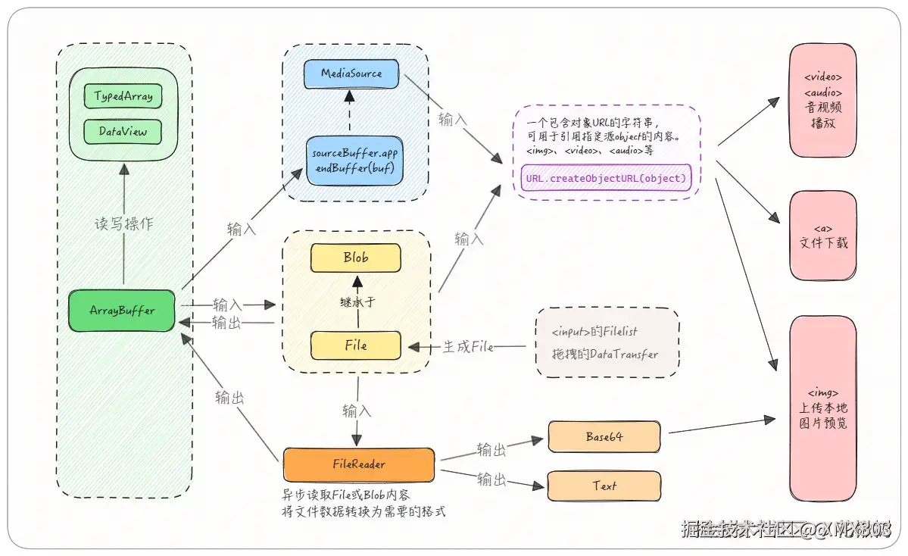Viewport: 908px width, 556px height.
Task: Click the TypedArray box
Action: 123,96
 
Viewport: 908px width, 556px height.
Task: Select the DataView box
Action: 123,131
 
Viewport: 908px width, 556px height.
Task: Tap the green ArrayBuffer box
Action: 123,311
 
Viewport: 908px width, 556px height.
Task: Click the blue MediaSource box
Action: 351,73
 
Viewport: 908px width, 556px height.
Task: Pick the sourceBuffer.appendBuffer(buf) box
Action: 354,160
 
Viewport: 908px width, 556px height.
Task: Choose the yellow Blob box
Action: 355,258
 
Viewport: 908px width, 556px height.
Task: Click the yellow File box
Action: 355,345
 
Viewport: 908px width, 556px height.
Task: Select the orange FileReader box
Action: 359,464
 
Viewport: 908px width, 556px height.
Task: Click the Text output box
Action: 604,486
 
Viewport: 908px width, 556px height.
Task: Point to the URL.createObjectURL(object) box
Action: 606,178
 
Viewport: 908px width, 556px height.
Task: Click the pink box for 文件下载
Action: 823,236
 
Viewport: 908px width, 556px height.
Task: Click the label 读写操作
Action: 123,224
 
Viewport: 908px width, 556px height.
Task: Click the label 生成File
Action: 467,347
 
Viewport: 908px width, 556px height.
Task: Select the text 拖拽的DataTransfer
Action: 605,354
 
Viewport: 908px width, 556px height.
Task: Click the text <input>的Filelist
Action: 594,331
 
